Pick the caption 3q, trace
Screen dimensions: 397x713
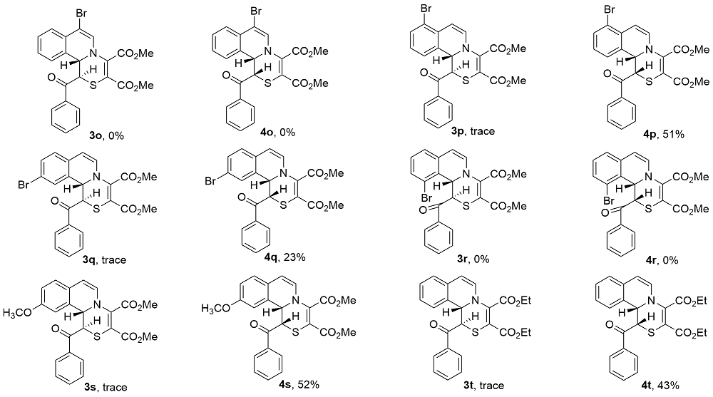pos(103,261)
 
